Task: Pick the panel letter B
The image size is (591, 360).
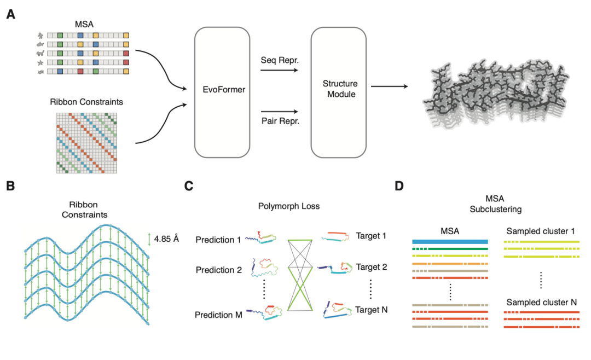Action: (10, 186)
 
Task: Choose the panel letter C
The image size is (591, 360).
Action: (189, 186)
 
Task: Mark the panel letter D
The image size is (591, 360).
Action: (399, 186)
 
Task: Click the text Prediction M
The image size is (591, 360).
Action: (217, 315)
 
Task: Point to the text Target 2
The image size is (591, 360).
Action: (372, 267)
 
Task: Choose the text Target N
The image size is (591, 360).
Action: (372, 310)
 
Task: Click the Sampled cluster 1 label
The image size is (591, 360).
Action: (541, 231)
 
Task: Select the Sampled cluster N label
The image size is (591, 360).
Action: (541, 302)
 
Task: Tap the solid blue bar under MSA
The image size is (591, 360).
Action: (449, 241)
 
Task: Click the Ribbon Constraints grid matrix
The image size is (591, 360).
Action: (87, 143)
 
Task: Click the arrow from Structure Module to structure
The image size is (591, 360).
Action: (389, 86)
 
